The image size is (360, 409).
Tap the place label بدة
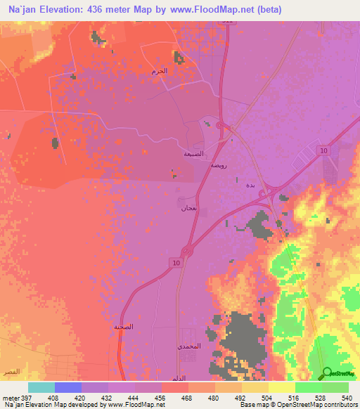(x=250, y=186)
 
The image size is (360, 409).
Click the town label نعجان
(x=188, y=208)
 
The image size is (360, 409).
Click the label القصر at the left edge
(x=10, y=370)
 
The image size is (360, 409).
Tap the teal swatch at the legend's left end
(x=41, y=387)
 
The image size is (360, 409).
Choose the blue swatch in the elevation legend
(x=68, y=387)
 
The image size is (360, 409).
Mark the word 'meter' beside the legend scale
(x=8, y=397)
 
